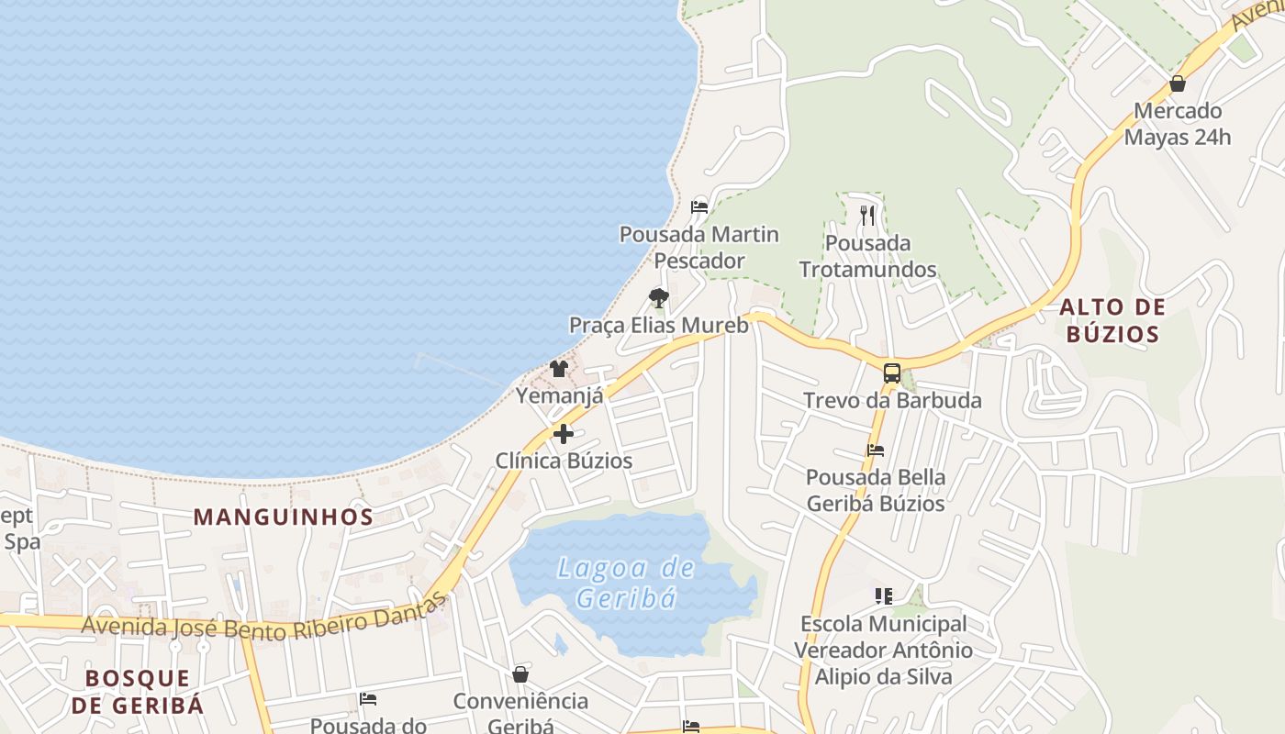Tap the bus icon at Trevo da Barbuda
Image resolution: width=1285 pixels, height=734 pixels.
[891, 373]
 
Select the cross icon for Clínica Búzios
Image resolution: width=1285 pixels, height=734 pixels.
[564, 433]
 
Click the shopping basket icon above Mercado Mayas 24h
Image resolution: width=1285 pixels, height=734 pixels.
[1178, 83]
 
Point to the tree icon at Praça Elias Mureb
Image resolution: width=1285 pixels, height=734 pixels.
[658, 297]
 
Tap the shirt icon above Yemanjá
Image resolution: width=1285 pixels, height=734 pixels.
[559, 369]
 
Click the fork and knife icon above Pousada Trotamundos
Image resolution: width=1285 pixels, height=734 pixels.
[867, 216]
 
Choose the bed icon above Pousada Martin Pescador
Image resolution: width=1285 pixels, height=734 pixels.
[699, 206]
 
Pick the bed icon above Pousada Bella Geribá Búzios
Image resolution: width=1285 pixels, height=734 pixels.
[876, 450]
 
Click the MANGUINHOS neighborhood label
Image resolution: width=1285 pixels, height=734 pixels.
[284, 517]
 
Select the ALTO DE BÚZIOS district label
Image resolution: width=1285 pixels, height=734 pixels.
[1112, 320]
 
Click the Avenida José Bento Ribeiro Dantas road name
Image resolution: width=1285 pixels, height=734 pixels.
[264, 623]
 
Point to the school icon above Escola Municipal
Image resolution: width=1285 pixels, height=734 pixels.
[883, 596]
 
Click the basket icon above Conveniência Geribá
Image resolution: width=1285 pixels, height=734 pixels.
[520, 674]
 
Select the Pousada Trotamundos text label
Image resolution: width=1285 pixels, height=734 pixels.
[867, 256]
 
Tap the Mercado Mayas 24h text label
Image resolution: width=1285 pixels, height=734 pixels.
[1178, 124]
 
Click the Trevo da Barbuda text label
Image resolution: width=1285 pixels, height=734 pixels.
[892, 401]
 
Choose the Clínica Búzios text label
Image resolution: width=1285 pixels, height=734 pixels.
[564, 461]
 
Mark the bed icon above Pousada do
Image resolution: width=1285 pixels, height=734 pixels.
[368, 699]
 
